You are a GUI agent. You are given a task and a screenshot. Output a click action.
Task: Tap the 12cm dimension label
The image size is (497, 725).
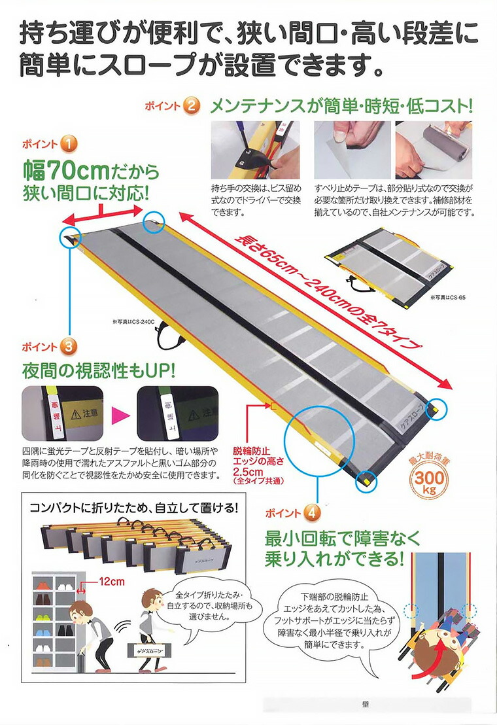(x=112, y=580)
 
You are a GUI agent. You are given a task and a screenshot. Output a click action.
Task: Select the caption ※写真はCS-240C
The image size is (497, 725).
(x=131, y=322)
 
